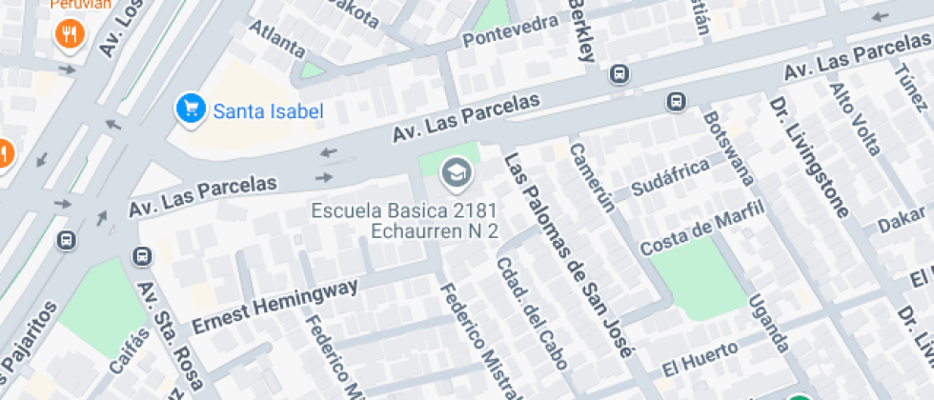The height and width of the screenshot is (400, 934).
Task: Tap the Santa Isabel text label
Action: [268, 111]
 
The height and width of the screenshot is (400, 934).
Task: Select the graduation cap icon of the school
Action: [457, 174]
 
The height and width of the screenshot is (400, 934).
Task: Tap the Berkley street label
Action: [581, 29]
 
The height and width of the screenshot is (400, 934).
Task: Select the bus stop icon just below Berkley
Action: [619, 73]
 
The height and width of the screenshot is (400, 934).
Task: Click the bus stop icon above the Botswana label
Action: [677, 100]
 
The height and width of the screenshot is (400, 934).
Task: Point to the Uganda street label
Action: [768, 323]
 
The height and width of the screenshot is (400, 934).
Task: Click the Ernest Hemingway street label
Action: [275, 305]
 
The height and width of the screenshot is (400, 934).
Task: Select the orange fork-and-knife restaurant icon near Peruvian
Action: [70, 35]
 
